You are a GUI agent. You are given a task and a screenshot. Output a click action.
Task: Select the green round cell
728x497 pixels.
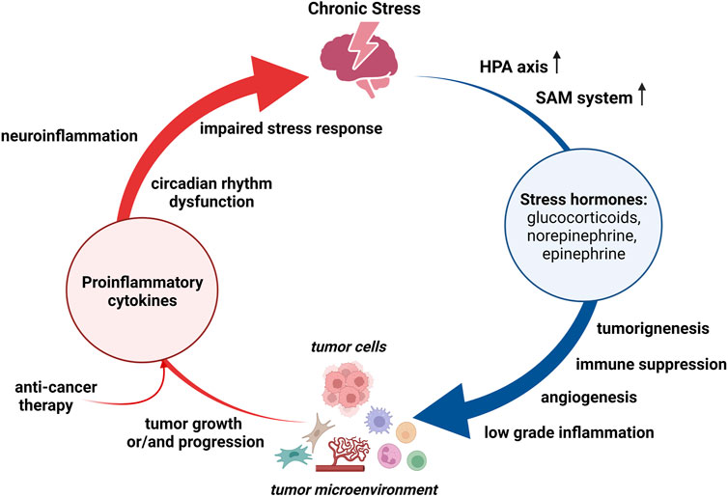tap(416, 460)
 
